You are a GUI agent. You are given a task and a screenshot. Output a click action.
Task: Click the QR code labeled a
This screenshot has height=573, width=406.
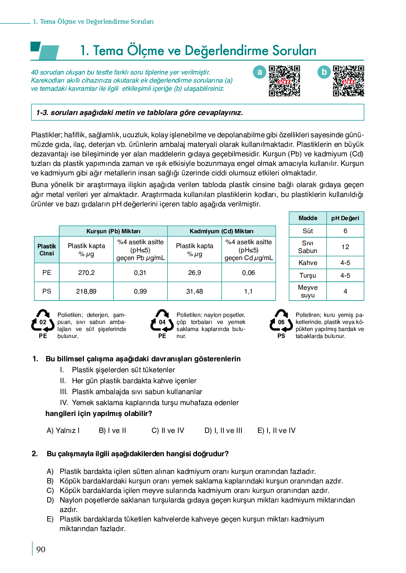click(284, 81)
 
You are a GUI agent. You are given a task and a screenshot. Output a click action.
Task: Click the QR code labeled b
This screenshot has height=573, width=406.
click(348, 81)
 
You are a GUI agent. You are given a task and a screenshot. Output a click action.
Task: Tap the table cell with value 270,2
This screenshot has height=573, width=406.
click(86, 273)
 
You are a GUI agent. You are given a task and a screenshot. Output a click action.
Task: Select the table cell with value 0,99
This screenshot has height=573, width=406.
click(140, 291)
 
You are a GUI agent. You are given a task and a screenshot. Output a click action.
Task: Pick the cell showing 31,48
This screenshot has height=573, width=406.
click(195, 291)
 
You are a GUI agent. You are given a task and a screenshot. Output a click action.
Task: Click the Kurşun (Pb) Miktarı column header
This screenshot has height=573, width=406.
click(113, 231)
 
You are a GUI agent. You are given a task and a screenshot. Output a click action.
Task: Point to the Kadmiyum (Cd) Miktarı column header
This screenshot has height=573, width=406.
click(221, 231)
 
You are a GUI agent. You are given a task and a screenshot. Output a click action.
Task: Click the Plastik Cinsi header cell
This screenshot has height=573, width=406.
click(47, 250)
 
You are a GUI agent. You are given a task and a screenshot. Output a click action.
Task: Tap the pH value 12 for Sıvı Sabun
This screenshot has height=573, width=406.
click(345, 247)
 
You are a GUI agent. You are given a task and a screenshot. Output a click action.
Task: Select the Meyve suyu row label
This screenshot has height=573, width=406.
click(308, 291)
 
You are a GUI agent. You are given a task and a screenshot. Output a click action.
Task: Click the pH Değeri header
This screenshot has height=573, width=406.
click(345, 218)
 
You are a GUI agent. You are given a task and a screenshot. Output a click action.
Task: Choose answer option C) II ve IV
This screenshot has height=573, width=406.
click(168, 430)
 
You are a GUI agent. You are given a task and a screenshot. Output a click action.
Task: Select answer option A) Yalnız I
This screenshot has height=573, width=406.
click(63, 430)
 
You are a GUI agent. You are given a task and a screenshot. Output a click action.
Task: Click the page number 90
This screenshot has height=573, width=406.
click(41, 549)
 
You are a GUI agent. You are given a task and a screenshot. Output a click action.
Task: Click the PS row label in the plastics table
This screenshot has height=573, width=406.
click(47, 291)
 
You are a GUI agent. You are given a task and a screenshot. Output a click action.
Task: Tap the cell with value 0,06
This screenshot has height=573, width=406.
click(248, 273)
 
